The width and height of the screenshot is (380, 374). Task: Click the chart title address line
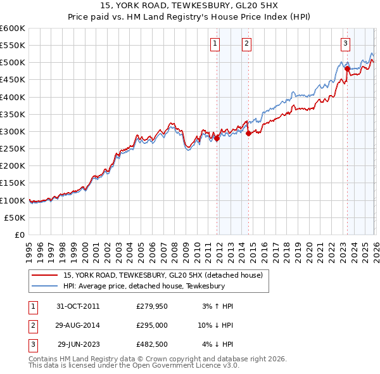pyautogui.click(x=189, y=5)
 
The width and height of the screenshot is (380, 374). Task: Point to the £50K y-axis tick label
pyautogui.click(x=15, y=217)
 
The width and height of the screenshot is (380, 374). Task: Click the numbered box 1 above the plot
pyautogui.click(x=215, y=44)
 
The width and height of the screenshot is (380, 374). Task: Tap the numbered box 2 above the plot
pyautogui.click(x=246, y=44)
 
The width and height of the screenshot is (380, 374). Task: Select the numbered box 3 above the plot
pyautogui.click(x=345, y=44)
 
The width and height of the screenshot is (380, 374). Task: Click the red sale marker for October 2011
pyautogui.click(x=217, y=138)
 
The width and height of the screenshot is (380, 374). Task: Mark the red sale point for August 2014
pyautogui.click(x=248, y=133)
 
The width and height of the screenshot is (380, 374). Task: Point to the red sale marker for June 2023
pyautogui.click(x=347, y=68)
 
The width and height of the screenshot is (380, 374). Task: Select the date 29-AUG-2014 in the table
pyautogui.click(x=77, y=326)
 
